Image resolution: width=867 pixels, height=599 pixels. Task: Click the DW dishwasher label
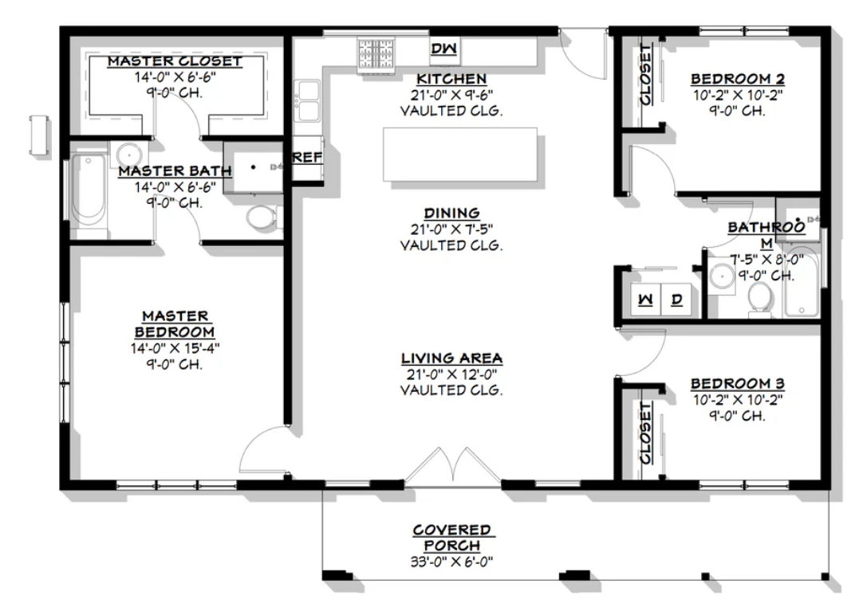444,49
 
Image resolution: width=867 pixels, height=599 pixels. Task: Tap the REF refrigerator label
307,158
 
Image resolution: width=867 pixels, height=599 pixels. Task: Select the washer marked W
645,299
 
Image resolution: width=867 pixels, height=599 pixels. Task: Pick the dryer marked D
676,299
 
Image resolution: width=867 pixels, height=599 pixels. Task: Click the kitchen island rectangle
460,155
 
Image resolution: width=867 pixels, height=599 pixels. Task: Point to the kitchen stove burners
376,54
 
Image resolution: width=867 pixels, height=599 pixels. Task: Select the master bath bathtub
89,190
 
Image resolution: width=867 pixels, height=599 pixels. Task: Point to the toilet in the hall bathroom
760,298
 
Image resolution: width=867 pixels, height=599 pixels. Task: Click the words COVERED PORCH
452,538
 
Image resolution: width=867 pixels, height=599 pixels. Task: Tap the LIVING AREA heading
451,358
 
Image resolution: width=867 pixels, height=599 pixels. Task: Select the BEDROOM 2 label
738,79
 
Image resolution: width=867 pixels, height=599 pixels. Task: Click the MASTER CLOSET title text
175,61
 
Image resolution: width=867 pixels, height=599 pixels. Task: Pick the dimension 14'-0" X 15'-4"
175,348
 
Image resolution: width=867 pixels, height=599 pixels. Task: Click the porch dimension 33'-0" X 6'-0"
451,562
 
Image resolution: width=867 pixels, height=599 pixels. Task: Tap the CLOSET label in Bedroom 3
645,433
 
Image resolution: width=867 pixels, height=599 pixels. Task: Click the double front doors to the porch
453,467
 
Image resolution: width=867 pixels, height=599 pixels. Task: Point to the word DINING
451,213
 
